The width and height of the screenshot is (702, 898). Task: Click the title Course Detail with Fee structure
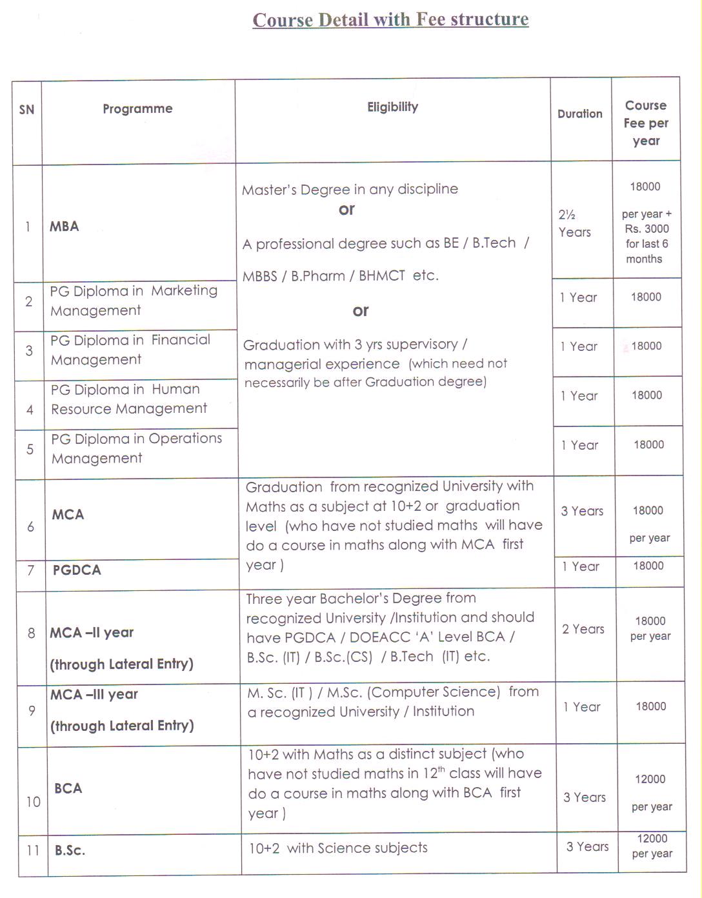[390, 19]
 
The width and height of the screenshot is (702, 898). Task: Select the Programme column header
[137, 108]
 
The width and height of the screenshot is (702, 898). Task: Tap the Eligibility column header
[392, 107]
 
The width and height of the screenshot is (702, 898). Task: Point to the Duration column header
[579, 114]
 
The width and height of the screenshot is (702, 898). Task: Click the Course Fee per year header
[646, 123]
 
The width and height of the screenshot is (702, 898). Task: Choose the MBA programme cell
[65, 226]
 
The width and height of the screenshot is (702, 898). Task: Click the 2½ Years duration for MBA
[574, 223]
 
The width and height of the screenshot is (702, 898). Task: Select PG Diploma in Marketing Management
[134, 301]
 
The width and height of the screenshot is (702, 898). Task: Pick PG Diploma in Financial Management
[130, 350]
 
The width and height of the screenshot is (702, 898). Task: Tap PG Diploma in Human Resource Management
[129, 399]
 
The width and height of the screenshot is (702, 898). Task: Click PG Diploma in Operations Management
[136, 448]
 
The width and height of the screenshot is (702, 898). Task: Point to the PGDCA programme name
[77, 570]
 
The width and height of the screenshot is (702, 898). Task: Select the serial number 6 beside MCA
[30, 527]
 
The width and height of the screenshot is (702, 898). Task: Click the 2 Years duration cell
[583, 629]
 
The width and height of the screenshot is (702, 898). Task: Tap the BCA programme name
[68, 788]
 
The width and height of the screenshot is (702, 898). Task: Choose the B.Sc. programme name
[70, 850]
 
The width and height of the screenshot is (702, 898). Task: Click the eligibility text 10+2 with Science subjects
[338, 848]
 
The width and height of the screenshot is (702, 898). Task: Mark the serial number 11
[33, 850]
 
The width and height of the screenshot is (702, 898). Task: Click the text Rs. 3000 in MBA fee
[647, 228]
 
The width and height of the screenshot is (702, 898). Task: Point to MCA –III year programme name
[94, 694]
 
